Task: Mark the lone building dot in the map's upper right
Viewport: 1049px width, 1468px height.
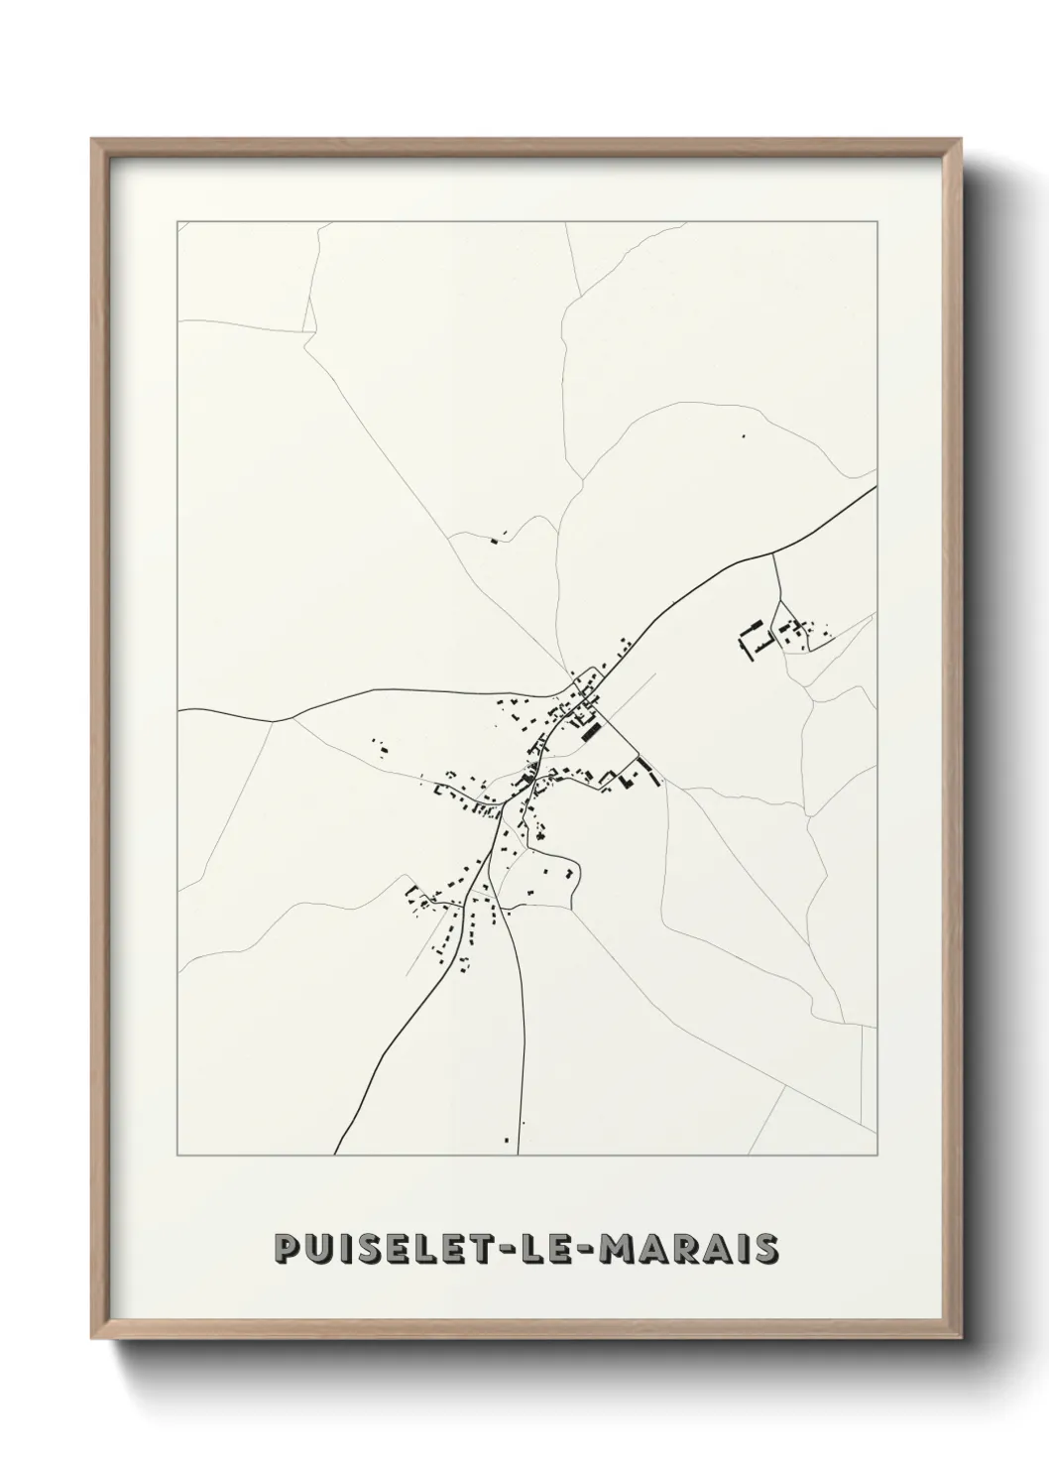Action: [x=743, y=435]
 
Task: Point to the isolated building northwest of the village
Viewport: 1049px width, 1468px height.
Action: [x=495, y=540]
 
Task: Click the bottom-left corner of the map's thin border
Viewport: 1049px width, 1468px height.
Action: [x=177, y=1156]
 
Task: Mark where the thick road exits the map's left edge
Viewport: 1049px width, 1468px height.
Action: [x=179, y=710]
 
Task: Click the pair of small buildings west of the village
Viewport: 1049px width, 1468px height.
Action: [x=381, y=748]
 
